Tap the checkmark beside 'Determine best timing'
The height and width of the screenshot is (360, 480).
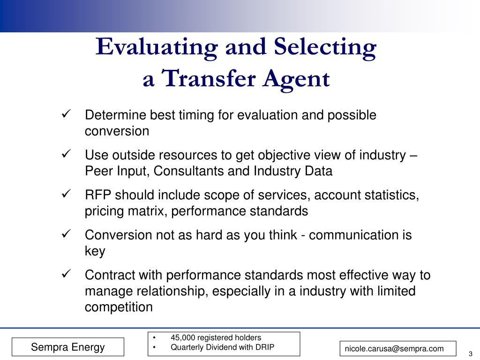click(66, 114)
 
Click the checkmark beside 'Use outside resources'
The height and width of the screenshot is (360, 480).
click(66, 154)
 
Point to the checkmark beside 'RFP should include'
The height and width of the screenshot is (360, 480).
click(66, 194)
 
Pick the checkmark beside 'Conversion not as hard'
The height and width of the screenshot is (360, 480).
click(66, 233)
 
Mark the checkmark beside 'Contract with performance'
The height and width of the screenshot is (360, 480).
click(66, 273)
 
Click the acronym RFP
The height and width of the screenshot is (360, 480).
click(98, 195)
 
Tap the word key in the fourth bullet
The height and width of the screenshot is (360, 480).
click(95, 251)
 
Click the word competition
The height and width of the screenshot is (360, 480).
click(119, 307)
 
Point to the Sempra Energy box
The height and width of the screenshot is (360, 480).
click(68, 347)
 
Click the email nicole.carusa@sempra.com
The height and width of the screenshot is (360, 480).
click(394, 348)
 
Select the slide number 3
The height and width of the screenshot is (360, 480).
click(470, 353)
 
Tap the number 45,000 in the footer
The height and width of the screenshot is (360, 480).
click(184, 337)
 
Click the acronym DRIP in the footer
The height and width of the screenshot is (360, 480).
click(264, 347)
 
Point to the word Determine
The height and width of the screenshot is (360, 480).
click(114, 115)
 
